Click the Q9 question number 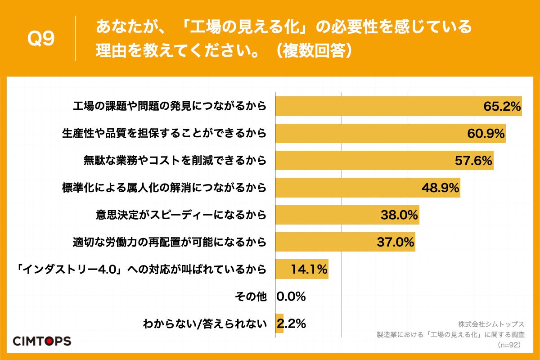(x=41, y=39)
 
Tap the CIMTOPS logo (x=42, y=341)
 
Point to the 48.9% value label (x=440, y=188)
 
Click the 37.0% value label (x=395, y=242)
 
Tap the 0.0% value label (x=291, y=296)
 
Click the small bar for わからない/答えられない (x=279, y=323)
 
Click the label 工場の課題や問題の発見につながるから (x=170, y=107)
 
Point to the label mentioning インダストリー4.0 (x=138, y=269)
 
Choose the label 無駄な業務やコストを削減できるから (x=175, y=161)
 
